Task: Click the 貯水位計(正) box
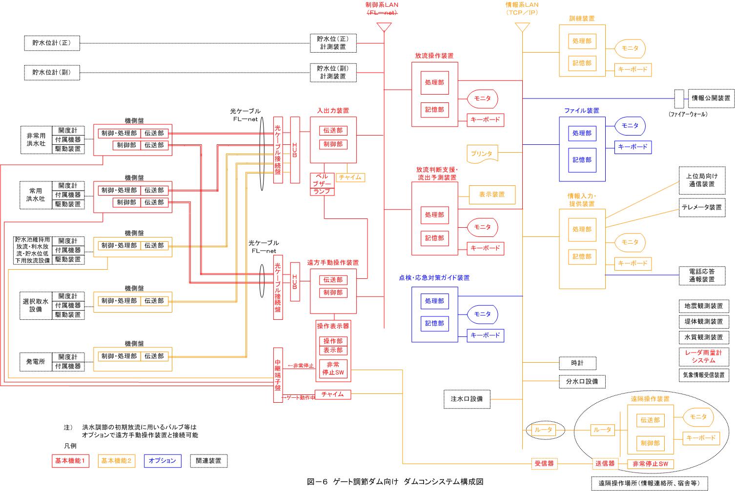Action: (x=52, y=43)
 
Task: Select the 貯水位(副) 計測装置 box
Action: (x=333, y=72)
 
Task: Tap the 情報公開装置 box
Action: (x=711, y=98)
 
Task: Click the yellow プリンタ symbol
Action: (x=482, y=154)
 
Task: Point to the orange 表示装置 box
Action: (x=492, y=194)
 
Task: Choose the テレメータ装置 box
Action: (x=701, y=207)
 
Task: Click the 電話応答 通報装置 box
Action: (x=701, y=275)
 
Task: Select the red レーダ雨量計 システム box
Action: (x=703, y=356)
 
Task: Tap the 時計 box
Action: (x=577, y=363)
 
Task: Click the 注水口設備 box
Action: (x=467, y=399)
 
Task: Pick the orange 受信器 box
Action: (x=544, y=464)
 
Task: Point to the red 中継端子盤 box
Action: (x=278, y=375)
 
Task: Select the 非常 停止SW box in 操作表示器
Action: (x=333, y=369)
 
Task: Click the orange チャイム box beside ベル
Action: (x=350, y=177)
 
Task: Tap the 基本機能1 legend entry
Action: (x=70, y=461)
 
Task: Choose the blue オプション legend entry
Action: (x=162, y=461)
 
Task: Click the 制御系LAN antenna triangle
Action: (x=384, y=27)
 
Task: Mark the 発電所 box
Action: (x=36, y=362)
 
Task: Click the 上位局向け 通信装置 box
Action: (x=701, y=180)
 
